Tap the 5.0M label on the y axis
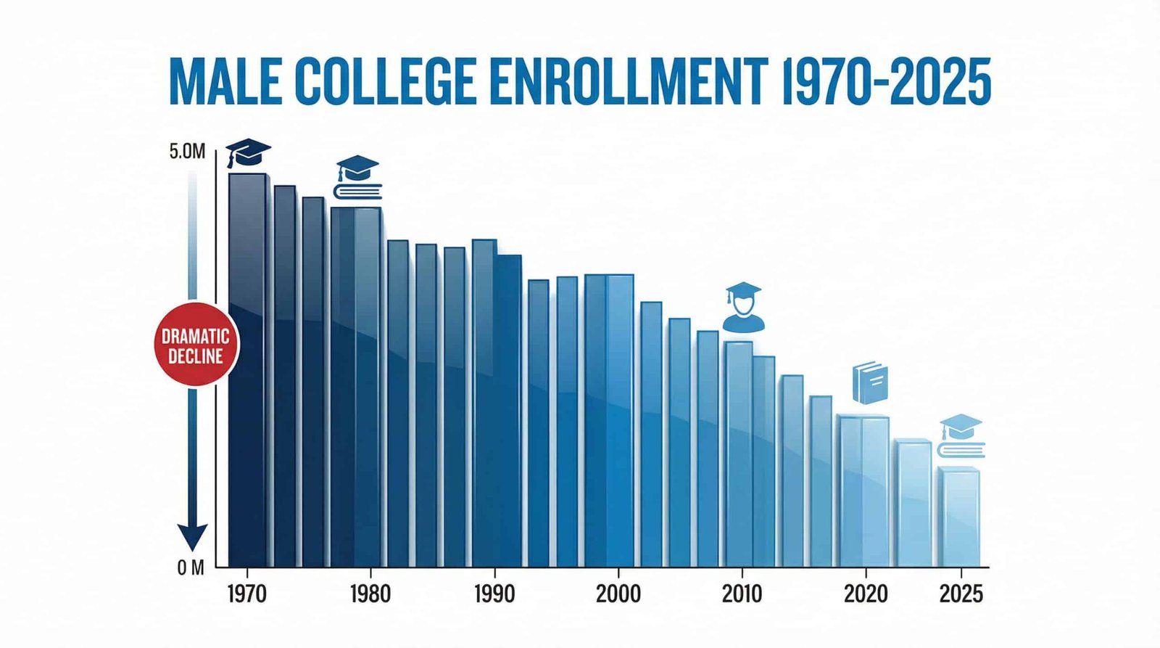point(187,152)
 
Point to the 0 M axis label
point(191,568)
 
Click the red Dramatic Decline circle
point(195,345)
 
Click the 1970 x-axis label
point(246,594)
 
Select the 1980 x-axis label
point(370,594)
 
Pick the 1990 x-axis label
point(494,594)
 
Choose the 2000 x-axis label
point(618,594)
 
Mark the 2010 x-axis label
point(742,594)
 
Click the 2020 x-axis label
point(866,594)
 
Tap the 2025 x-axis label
point(961,594)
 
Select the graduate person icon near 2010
point(743,308)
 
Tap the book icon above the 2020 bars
point(870,383)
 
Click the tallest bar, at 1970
point(248,370)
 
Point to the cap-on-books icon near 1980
point(357,178)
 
